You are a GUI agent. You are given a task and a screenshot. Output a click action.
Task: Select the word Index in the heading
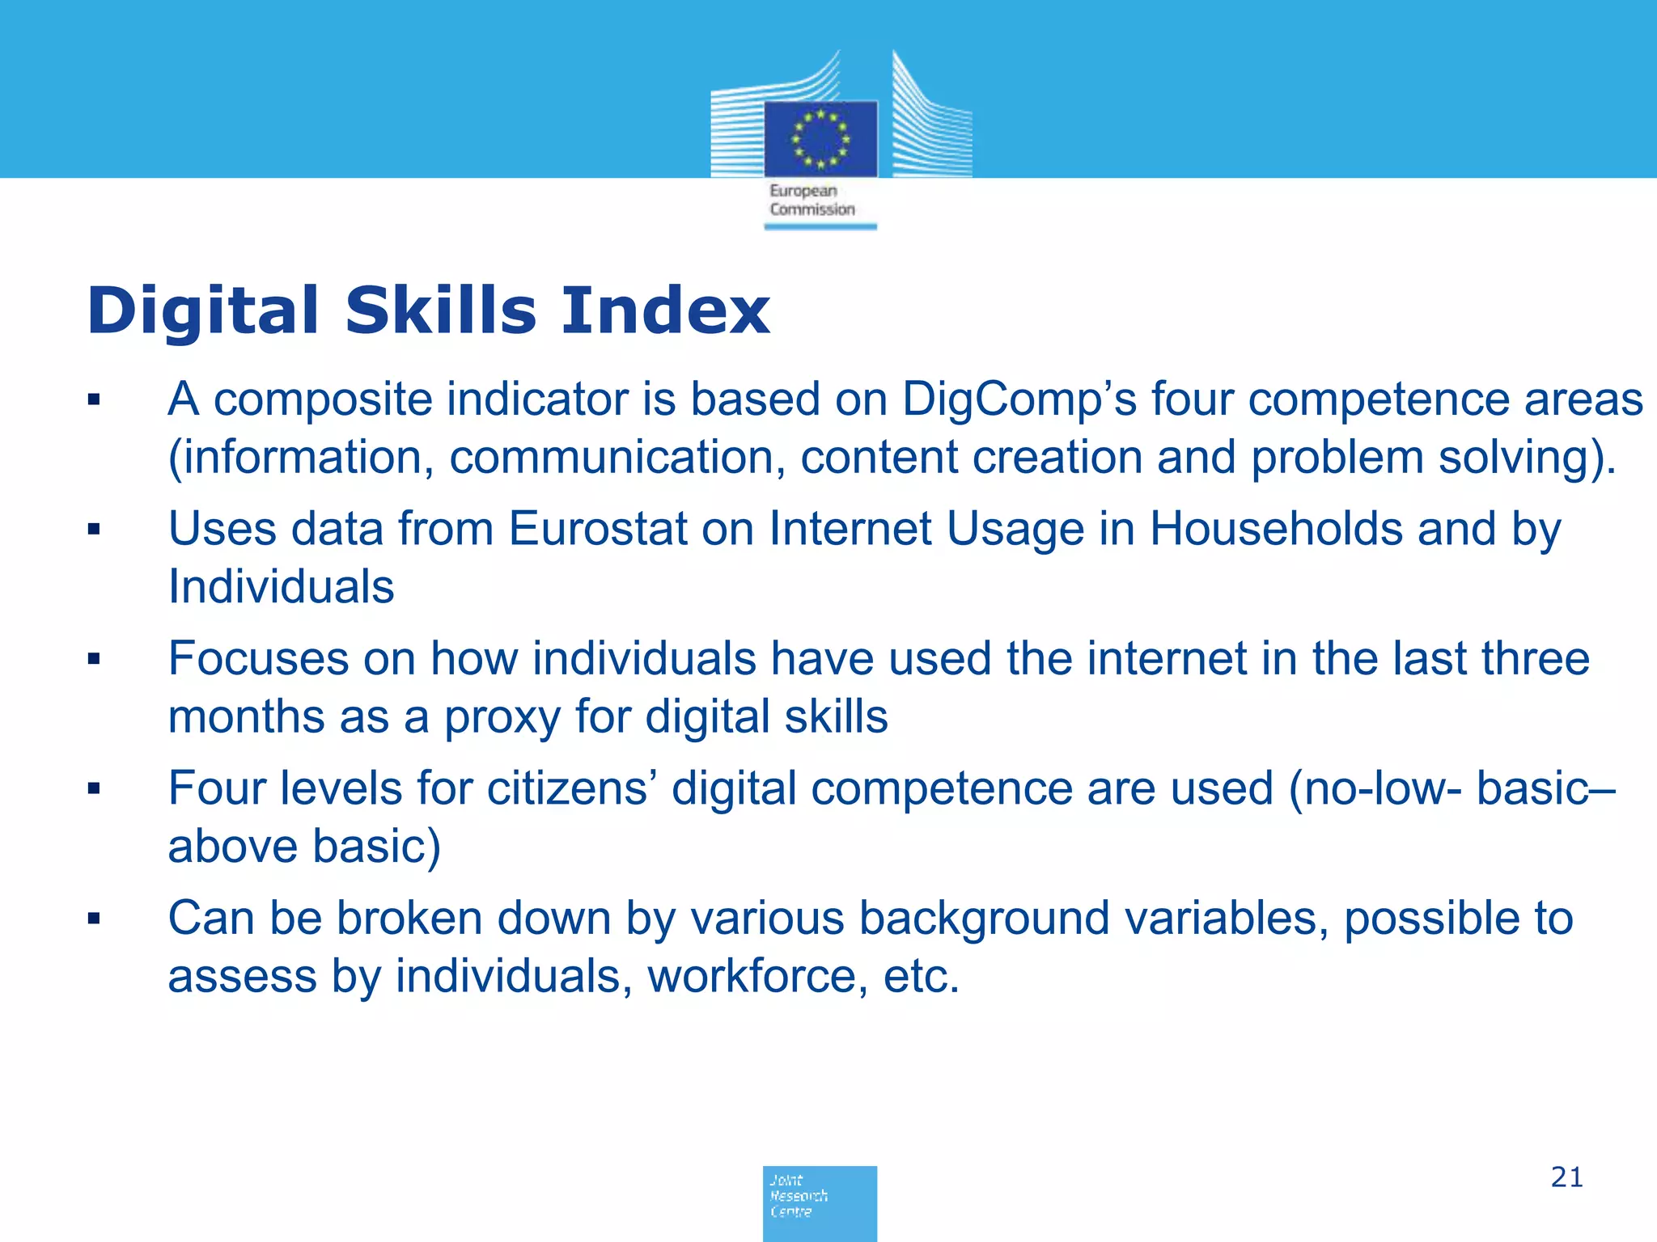[x=664, y=310]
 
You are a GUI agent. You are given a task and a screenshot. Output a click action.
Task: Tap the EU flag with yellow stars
[x=820, y=138]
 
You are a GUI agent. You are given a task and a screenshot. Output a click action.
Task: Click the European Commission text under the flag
[x=812, y=201]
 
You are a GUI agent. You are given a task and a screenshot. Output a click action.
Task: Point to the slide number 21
[x=1566, y=1177]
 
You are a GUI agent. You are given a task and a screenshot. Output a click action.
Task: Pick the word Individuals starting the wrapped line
[x=281, y=587]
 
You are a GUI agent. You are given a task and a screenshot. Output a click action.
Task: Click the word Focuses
[x=258, y=658]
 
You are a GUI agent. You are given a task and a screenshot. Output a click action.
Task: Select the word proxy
[x=502, y=717]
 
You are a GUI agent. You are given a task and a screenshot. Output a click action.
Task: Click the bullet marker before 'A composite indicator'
[x=94, y=399]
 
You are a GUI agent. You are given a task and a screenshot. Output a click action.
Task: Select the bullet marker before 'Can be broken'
[x=94, y=919]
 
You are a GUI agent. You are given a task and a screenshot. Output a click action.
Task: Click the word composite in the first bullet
[x=323, y=399]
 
